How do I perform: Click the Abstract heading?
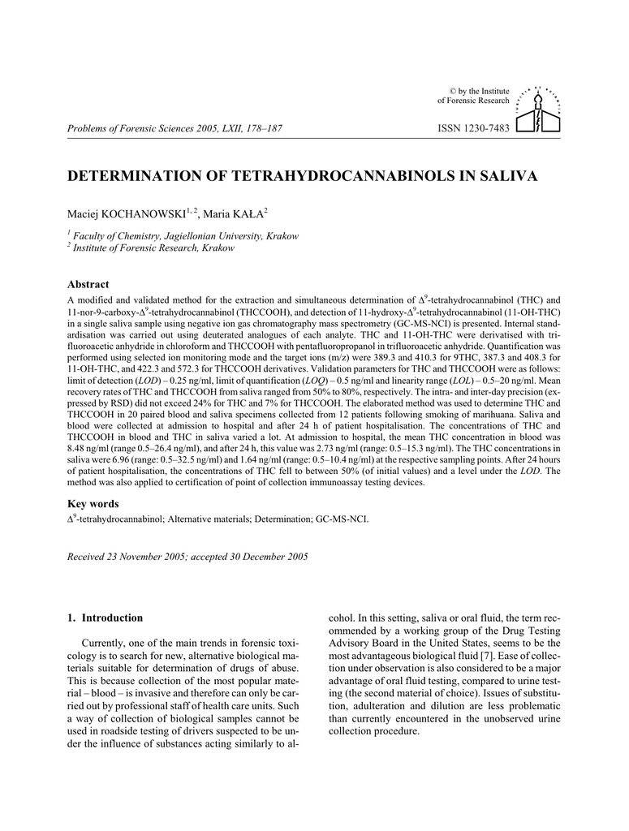88,285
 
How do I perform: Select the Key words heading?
93,504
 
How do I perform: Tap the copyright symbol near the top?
453,89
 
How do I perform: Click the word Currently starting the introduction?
106,643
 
